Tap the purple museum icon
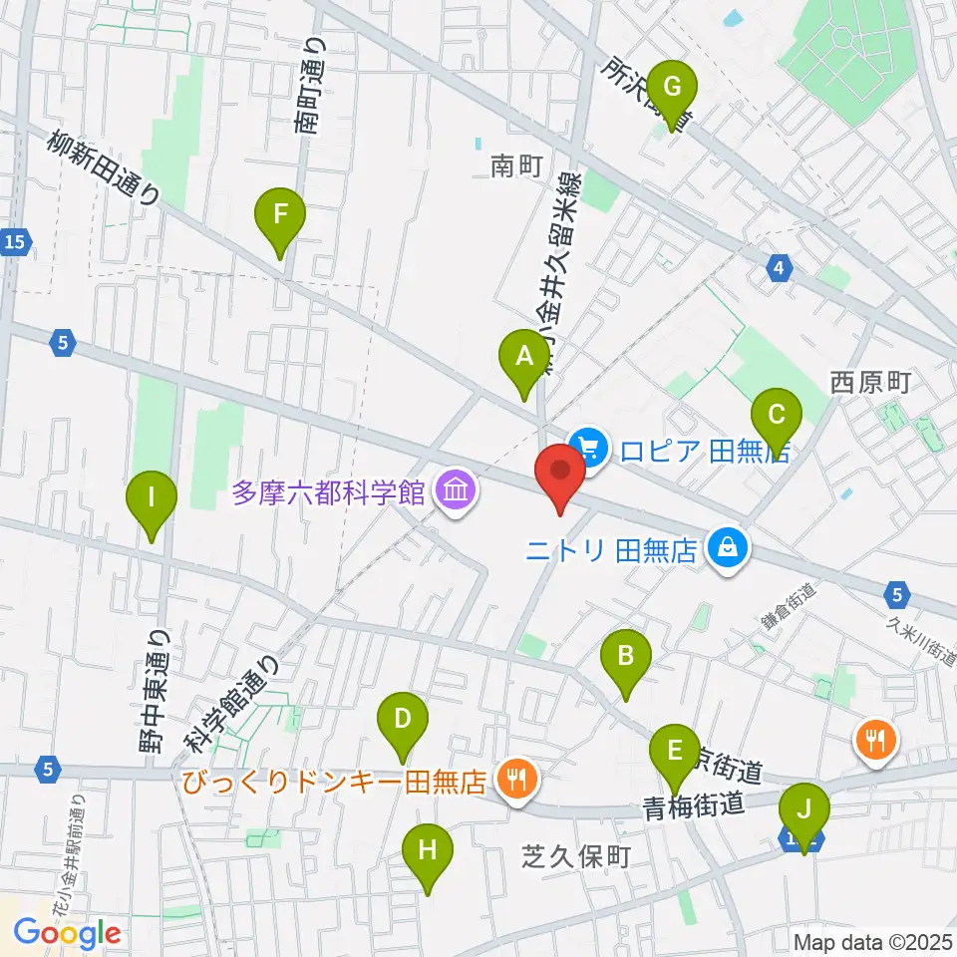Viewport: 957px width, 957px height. point(456,491)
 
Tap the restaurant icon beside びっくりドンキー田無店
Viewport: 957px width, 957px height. point(515,779)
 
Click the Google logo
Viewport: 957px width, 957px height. point(67,933)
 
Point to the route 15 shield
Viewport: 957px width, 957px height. point(14,241)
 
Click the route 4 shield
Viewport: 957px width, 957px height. point(780,266)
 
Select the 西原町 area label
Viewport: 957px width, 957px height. point(870,382)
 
